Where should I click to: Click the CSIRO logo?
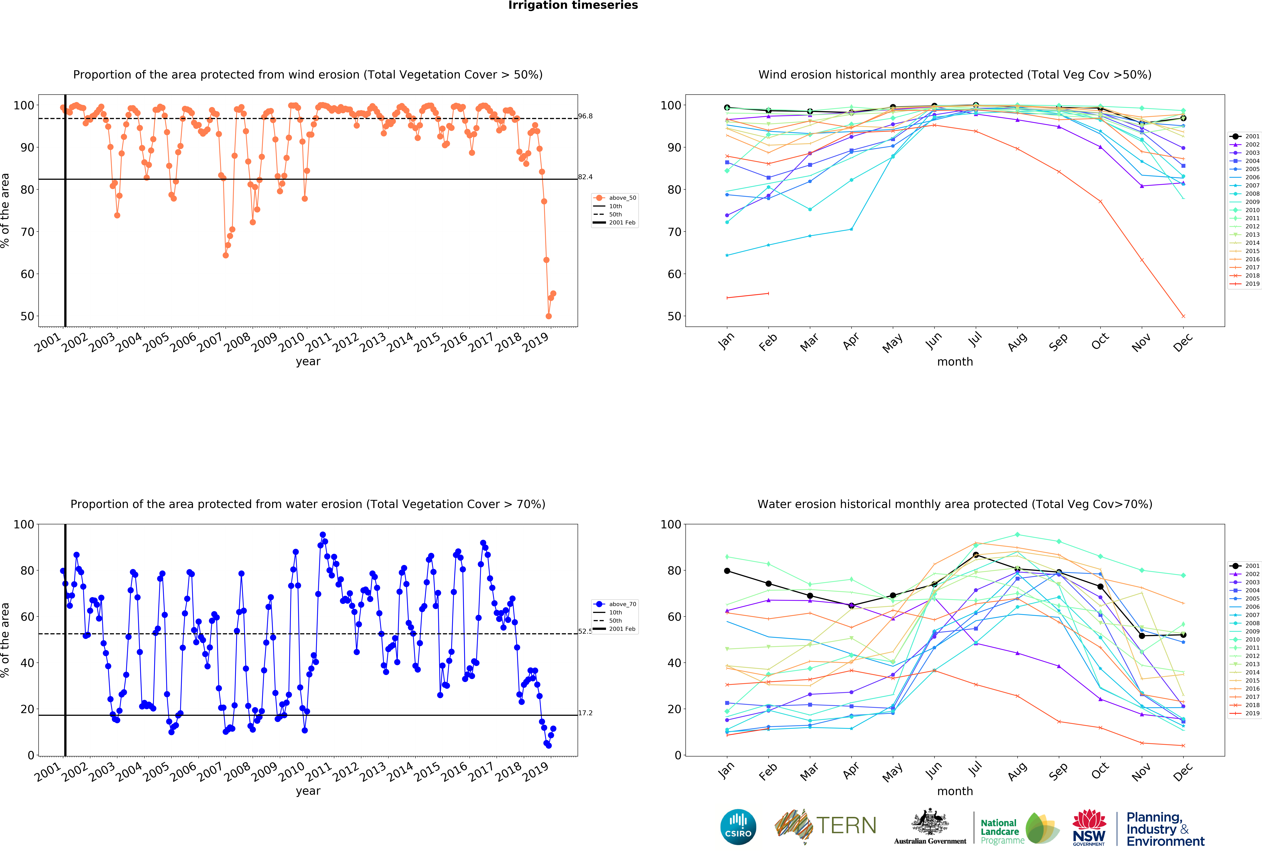pyautogui.click(x=738, y=827)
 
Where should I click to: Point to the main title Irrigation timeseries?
pyautogui.click(x=573, y=5)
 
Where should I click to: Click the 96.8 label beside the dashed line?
pyautogui.click(x=585, y=116)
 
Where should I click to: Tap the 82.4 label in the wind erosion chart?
pyautogui.click(x=585, y=177)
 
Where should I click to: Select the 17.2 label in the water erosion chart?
pyautogui.click(x=585, y=713)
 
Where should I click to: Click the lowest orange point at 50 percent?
pyautogui.click(x=548, y=316)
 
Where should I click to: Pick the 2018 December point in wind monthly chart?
pyautogui.click(x=1183, y=316)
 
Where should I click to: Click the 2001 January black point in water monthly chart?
pyautogui.click(x=727, y=571)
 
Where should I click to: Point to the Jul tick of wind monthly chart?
pyautogui.click(x=975, y=339)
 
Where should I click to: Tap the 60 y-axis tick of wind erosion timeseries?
pyautogui.click(x=27, y=274)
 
